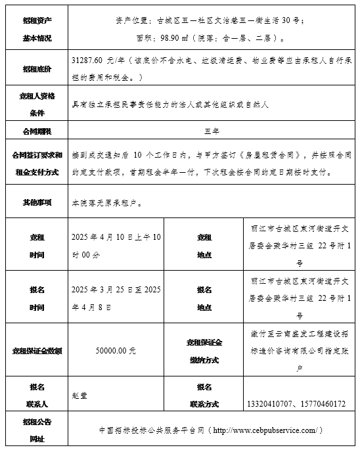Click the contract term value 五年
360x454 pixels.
click(211, 131)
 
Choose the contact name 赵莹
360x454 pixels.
click(79, 395)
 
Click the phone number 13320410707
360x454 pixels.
click(269, 403)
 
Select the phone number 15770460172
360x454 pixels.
click(322, 403)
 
